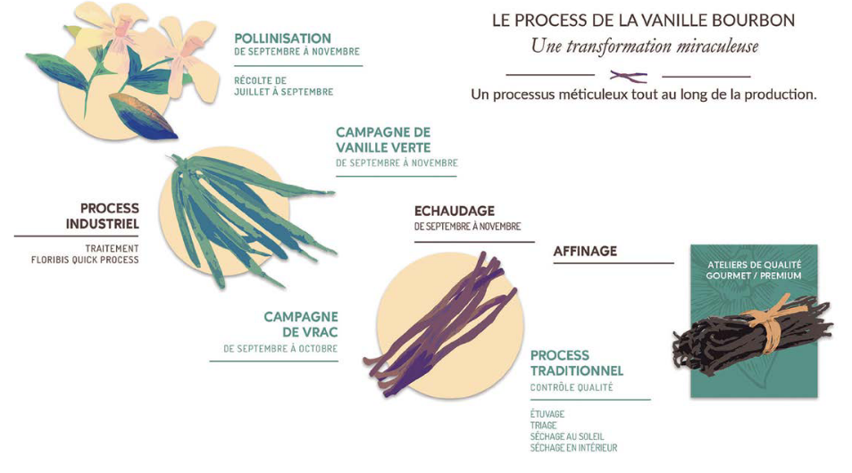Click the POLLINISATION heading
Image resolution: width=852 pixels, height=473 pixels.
tap(282, 38)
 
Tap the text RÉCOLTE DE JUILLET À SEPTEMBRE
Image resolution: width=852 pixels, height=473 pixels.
tap(283, 86)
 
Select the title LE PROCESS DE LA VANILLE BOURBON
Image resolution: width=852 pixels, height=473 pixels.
tap(643, 21)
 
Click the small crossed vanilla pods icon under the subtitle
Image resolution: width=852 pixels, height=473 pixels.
tap(628, 76)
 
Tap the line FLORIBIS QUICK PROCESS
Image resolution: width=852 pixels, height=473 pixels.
tap(85, 261)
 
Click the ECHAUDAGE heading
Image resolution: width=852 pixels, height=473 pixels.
tap(455, 211)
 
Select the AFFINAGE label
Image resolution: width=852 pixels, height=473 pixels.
tap(585, 252)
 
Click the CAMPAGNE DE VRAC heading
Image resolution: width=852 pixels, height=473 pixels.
tap(301, 324)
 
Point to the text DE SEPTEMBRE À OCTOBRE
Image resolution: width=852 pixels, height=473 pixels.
tap(280, 349)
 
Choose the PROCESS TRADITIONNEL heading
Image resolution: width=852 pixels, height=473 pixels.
tap(577, 363)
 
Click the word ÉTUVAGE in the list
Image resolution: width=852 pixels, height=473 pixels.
tap(547, 414)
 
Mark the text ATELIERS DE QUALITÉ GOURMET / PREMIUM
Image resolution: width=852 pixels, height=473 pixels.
tap(754, 270)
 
